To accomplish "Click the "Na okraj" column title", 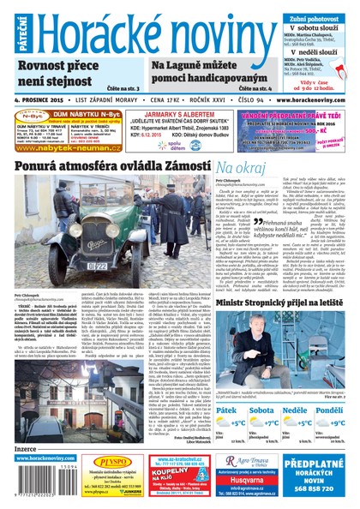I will [239, 167].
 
